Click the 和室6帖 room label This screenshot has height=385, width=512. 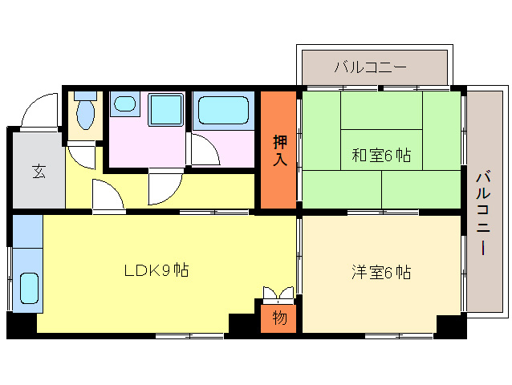[381, 156]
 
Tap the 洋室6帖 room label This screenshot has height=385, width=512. [381, 273]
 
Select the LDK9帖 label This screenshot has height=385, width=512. [156, 270]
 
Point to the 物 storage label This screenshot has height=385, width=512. [278, 318]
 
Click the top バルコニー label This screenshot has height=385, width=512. [371, 67]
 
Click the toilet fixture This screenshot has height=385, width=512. [85, 111]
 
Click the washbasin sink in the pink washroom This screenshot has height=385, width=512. [124, 104]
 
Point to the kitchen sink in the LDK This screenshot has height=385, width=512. [28, 290]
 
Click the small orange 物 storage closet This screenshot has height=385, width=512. [278, 318]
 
